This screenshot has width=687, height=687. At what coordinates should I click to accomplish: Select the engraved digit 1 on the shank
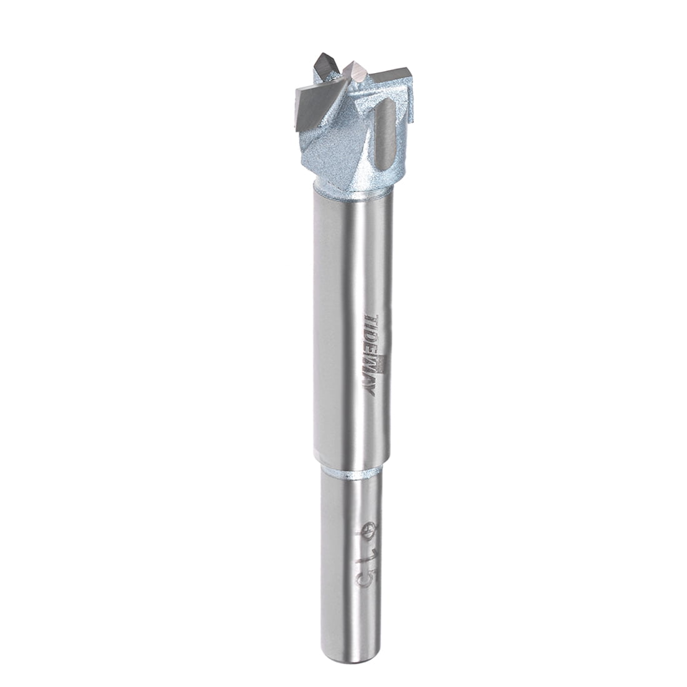coord(367,556)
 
